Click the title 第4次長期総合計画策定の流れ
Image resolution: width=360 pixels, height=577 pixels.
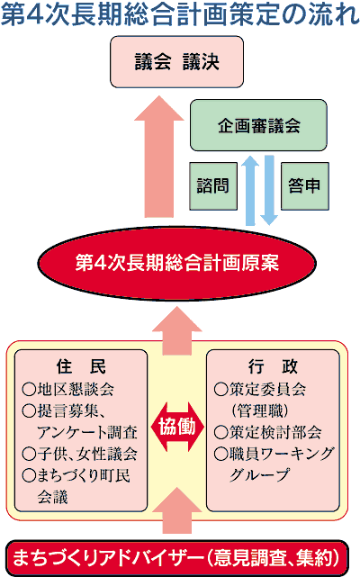[x=180, y=15]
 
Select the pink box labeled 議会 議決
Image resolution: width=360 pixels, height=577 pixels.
[x=176, y=62]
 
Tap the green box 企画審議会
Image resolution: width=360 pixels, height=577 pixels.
[x=258, y=125]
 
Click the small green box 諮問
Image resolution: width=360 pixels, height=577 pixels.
[x=213, y=186]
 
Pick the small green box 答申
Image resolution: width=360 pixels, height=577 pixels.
[x=305, y=186]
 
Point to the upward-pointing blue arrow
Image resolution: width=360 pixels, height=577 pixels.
[x=250, y=190]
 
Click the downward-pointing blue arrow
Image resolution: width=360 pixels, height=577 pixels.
[x=269, y=190]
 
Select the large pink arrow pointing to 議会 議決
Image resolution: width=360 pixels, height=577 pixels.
[x=159, y=157]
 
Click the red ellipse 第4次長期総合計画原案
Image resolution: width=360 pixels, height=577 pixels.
[x=177, y=263]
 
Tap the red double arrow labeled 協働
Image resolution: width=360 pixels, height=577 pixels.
[x=177, y=427]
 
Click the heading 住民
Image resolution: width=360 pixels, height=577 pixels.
[x=81, y=366]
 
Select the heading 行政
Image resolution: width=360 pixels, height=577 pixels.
[x=273, y=366]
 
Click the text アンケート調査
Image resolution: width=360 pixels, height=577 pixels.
[x=87, y=432]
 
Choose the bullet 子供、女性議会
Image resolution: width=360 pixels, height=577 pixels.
[x=79, y=454]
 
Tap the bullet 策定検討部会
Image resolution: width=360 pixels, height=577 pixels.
[x=268, y=432]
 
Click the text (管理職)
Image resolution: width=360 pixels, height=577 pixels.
[x=260, y=410]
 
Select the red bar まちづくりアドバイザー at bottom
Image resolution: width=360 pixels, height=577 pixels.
[x=177, y=558]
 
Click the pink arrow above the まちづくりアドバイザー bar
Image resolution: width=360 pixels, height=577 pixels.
[x=177, y=510]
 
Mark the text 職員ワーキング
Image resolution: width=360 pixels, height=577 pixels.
[x=281, y=454]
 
